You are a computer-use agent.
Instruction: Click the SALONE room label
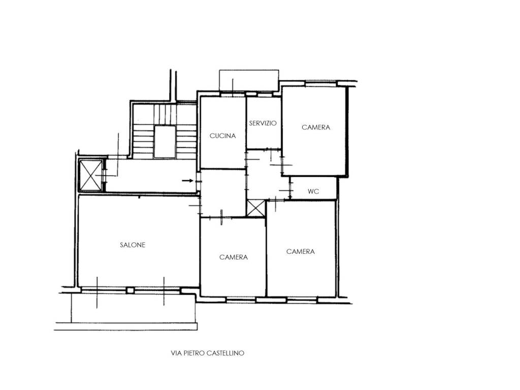click(x=133, y=245)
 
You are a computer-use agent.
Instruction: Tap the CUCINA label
click(x=222, y=136)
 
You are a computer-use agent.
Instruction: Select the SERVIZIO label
click(x=263, y=123)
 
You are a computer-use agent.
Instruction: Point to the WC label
click(x=313, y=191)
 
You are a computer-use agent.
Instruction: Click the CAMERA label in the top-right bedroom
click(x=316, y=127)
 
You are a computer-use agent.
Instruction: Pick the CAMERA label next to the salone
click(x=234, y=257)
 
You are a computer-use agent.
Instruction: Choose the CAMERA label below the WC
click(x=301, y=251)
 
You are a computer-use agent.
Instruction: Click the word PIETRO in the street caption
click(x=193, y=353)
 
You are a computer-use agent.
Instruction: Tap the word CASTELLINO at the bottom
click(x=225, y=353)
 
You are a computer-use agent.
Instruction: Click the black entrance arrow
click(x=188, y=181)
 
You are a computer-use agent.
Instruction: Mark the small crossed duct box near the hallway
click(x=256, y=208)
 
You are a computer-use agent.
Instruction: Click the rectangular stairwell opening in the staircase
click(x=165, y=142)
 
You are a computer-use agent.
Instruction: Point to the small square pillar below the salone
click(x=131, y=290)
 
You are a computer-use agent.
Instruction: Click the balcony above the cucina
click(x=249, y=80)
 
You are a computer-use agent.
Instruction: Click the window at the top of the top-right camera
click(x=321, y=84)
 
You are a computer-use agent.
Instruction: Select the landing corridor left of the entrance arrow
click(x=151, y=175)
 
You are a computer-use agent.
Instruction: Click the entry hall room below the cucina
click(x=223, y=192)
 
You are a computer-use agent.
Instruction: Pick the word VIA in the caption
click(x=175, y=353)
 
